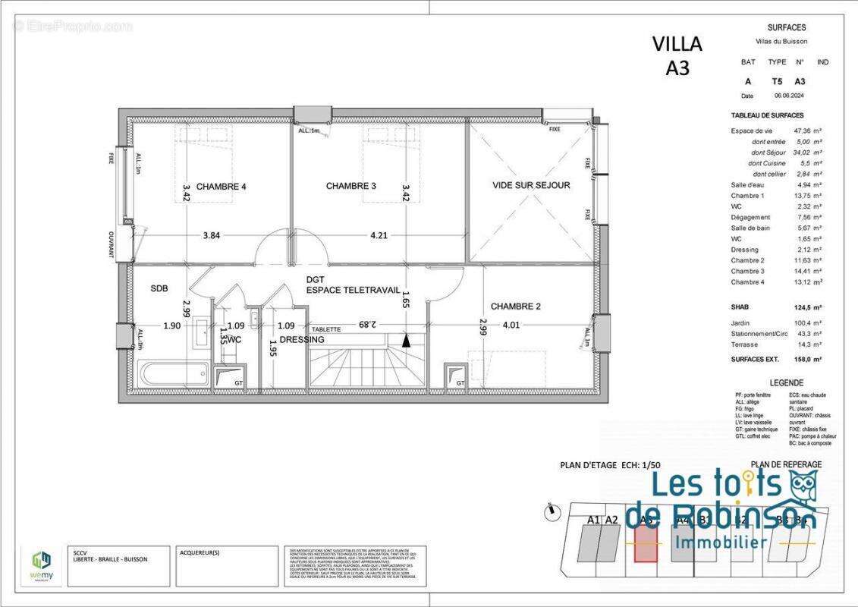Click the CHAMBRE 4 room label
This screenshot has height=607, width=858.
point(221,187)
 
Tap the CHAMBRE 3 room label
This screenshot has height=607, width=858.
point(350,186)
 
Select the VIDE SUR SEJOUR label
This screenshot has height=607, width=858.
point(530,185)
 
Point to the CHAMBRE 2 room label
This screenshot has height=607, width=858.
point(517,307)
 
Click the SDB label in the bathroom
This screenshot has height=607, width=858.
point(159,289)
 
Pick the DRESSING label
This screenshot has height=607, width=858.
point(301,340)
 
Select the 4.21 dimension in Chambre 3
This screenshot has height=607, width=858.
point(379,235)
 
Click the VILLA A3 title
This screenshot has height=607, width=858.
point(677,55)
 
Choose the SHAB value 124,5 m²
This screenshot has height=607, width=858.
point(809,307)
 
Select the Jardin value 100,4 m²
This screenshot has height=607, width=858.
point(809,322)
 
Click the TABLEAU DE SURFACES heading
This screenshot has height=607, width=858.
point(766,115)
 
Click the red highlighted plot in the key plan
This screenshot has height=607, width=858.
point(645,543)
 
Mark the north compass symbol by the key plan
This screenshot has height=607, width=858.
point(549,514)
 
